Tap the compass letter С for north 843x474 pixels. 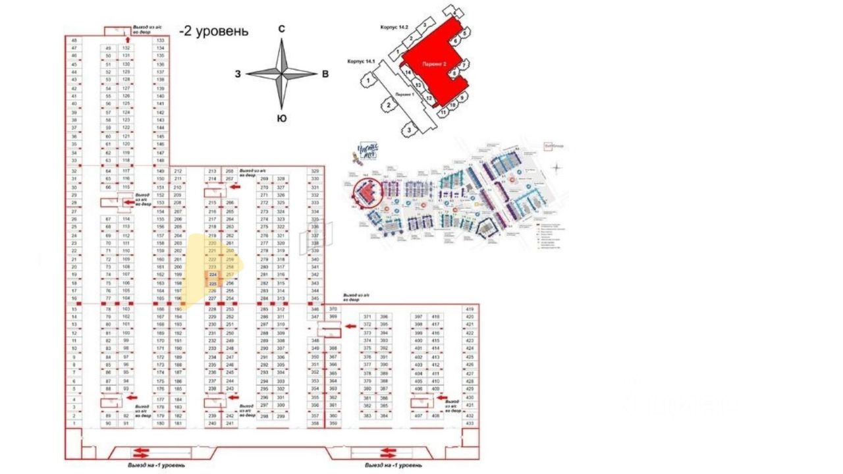click(281, 28)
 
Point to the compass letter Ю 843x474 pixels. click(281, 119)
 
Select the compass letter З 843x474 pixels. click(238, 74)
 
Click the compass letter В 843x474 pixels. click(325, 74)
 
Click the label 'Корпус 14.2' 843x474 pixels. click(394, 27)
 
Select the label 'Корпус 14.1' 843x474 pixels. click(360, 62)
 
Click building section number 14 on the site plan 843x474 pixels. click(408, 72)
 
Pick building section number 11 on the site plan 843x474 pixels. click(443, 112)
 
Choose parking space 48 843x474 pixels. click(74, 40)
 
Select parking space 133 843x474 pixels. click(160, 40)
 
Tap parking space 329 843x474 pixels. click(315, 171)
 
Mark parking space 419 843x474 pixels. click(470, 309)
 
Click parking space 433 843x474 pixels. click(470, 423)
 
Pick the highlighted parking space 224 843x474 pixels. click(212, 275)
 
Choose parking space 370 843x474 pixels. click(333, 309)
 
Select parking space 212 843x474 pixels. click(177, 171)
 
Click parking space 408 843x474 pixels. click(435, 416)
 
